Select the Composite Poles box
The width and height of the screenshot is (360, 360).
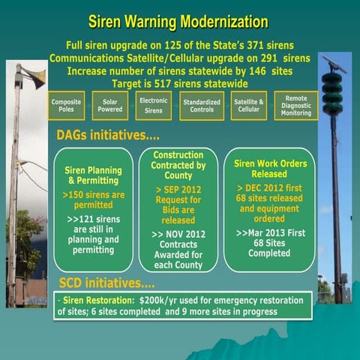pyautogui.click(x=67, y=105)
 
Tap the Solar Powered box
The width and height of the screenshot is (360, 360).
pyautogui.click(x=110, y=105)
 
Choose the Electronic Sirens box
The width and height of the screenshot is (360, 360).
pyautogui.click(x=154, y=105)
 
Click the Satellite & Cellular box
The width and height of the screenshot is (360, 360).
pyautogui.click(x=249, y=105)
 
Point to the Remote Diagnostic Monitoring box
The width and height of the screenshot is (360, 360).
pyautogui.click(x=296, y=105)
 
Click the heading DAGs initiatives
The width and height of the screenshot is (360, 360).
pyautogui.click(x=108, y=135)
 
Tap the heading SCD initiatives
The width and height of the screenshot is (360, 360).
pyautogui.click(x=106, y=285)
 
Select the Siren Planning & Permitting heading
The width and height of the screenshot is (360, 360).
pyautogui.click(x=94, y=175)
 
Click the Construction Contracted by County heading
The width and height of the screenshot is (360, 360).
pyautogui.click(x=178, y=166)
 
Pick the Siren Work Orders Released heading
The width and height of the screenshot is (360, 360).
pyautogui.click(x=269, y=169)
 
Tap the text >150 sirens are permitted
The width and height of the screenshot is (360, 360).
pyautogui.click(x=94, y=199)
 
